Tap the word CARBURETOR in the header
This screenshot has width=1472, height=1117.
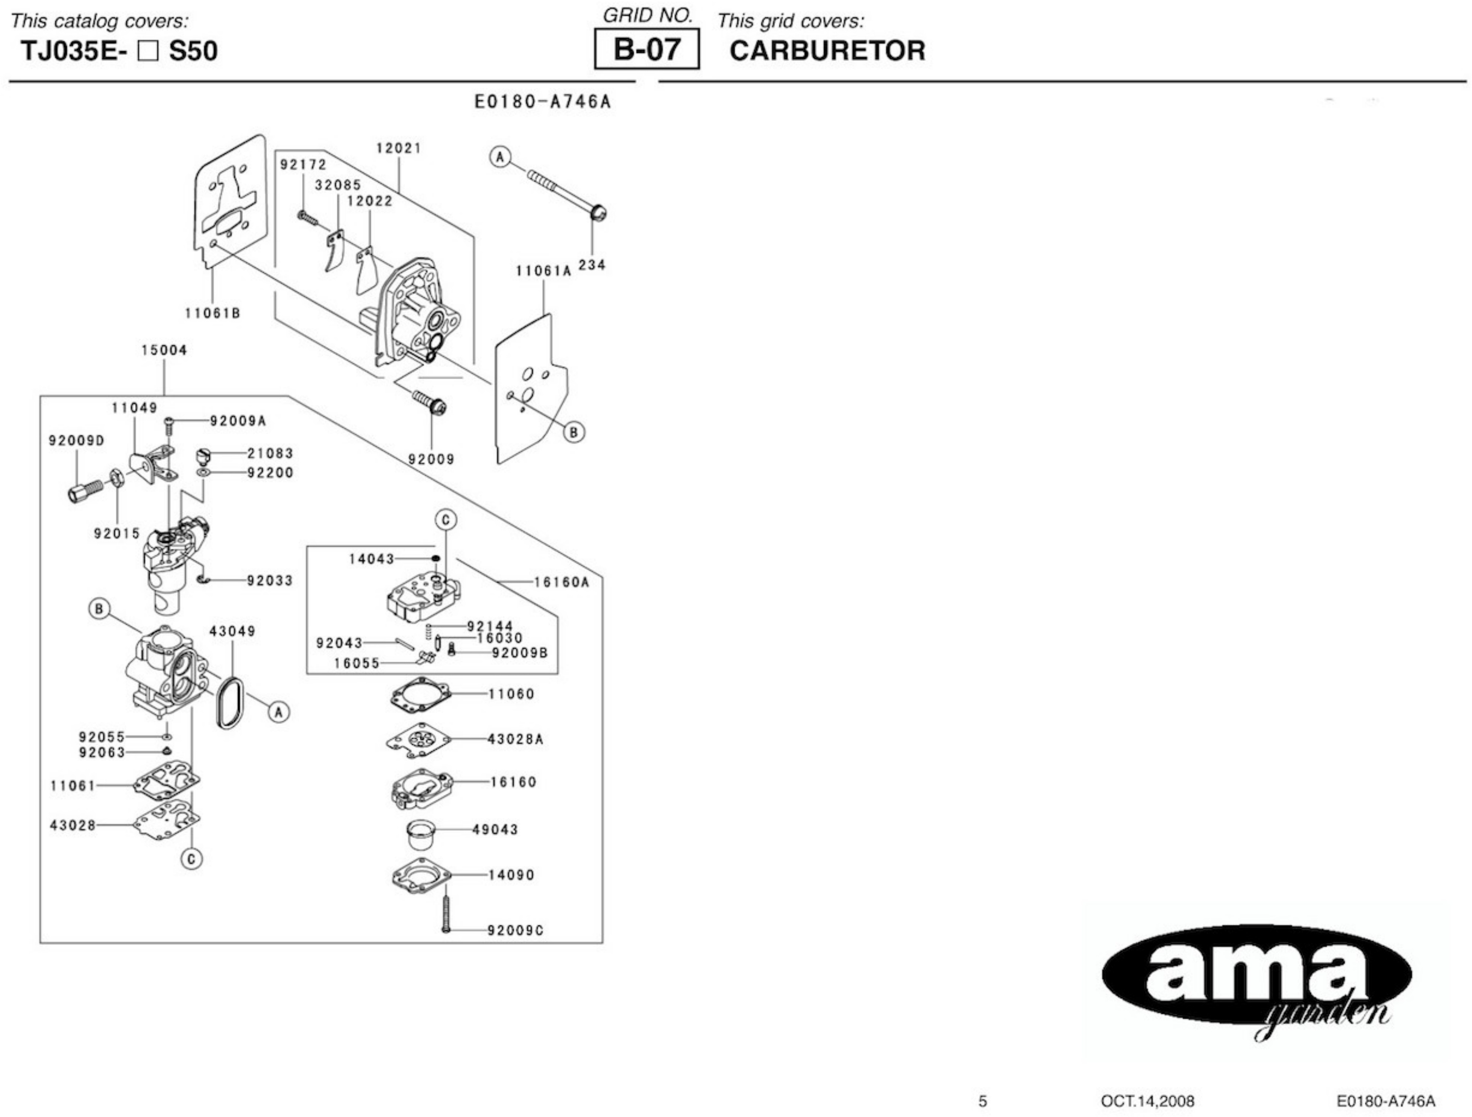point(827,51)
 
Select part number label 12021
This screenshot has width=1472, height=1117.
point(399,149)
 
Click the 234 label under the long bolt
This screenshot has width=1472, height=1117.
point(592,265)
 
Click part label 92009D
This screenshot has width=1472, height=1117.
point(76,441)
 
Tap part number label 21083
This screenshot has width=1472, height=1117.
point(270,453)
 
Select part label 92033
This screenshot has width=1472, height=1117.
point(270,580)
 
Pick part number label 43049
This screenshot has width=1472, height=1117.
point(232,631)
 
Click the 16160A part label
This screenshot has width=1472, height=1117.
point(561,583)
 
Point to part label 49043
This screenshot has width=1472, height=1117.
point(495,829)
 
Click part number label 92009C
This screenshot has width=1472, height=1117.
point(515,930)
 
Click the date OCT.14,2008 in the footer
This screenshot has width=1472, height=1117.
point(1147,1101)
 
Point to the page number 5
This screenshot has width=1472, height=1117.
point(982,1101)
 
